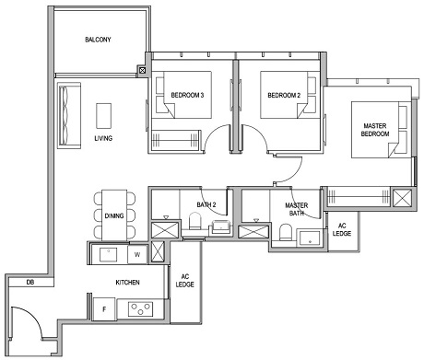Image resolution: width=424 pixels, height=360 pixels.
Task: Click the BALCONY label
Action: pyautogui.click(x=100, y=41)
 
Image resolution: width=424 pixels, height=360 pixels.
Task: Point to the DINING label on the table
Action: pyautogui.click(x=114, y=215)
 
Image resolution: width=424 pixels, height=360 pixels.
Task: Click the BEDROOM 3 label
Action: pyautogui.click(x=188, y=94)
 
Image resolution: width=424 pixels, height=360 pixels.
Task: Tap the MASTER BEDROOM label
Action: pyautogui.click(x=375, y=130)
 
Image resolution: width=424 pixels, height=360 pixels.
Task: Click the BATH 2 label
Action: pyautogui.click(x=206, y=205)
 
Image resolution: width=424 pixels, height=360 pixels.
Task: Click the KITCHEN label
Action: pyautogui.click(x=127, y=283)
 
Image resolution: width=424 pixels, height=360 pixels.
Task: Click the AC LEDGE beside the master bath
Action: pyautogui.click(x=342, y=228)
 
